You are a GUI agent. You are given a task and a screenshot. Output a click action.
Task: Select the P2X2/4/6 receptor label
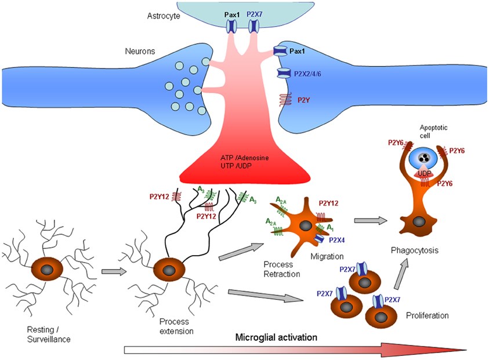312,73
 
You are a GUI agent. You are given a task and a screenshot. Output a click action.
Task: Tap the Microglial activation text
276,336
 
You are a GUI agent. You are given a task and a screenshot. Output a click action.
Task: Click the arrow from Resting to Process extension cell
111,270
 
